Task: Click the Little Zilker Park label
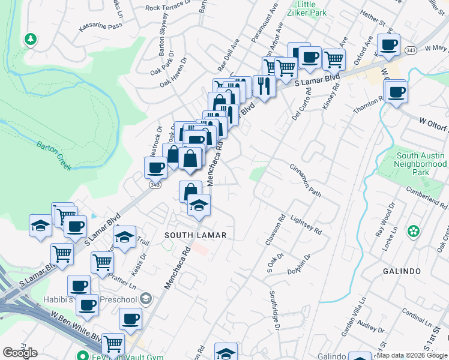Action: (313, 8)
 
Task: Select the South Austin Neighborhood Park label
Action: (421, 164)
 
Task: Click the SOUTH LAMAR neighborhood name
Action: (196, 235)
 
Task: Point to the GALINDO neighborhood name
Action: (402, 271)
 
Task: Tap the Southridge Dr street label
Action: (274, 310)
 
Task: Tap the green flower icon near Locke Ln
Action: (413, 231)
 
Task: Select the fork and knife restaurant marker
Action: (264, 85)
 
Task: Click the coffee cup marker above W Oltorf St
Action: (396, 92)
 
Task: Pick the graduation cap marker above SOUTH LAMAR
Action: (199, 206)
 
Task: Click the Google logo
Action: (20, 353)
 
